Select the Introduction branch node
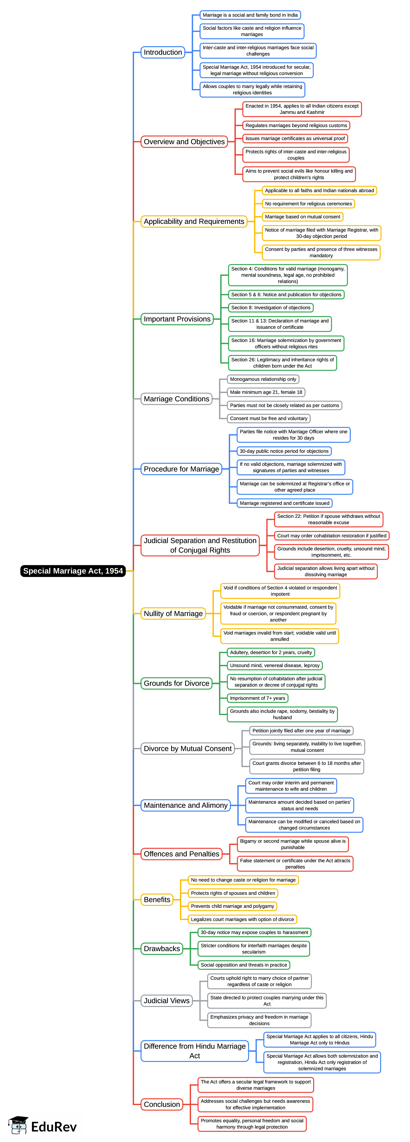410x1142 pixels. coord(163,52)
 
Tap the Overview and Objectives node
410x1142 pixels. coord(184,142)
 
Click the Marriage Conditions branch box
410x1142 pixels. coord(176,399)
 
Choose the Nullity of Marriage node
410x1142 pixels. coord(173,614)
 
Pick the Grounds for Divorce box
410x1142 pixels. coord(176,683)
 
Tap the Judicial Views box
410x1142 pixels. coord(166,1000)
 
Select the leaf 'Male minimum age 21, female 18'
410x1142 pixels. coord(266,392)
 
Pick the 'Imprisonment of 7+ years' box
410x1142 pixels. coord(257,698)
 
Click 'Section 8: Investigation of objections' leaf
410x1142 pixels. coord(271,308)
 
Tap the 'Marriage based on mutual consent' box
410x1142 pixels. coord(303,217)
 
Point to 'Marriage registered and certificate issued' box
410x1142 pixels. coord(284,503)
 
